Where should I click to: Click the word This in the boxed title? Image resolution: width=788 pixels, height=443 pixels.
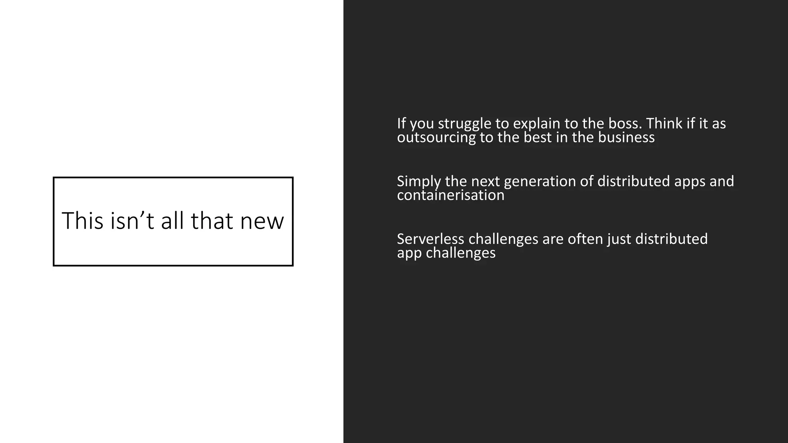tap(82, 221)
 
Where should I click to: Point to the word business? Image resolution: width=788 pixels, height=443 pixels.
tap(626, 137)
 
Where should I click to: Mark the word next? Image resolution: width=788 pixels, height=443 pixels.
tap(485, 182)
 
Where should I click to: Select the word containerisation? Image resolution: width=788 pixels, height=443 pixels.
tap(451, 195)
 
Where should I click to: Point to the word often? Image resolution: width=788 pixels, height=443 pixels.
tap(586, 239)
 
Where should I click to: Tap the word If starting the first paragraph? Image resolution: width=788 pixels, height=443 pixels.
tap(401, 123)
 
